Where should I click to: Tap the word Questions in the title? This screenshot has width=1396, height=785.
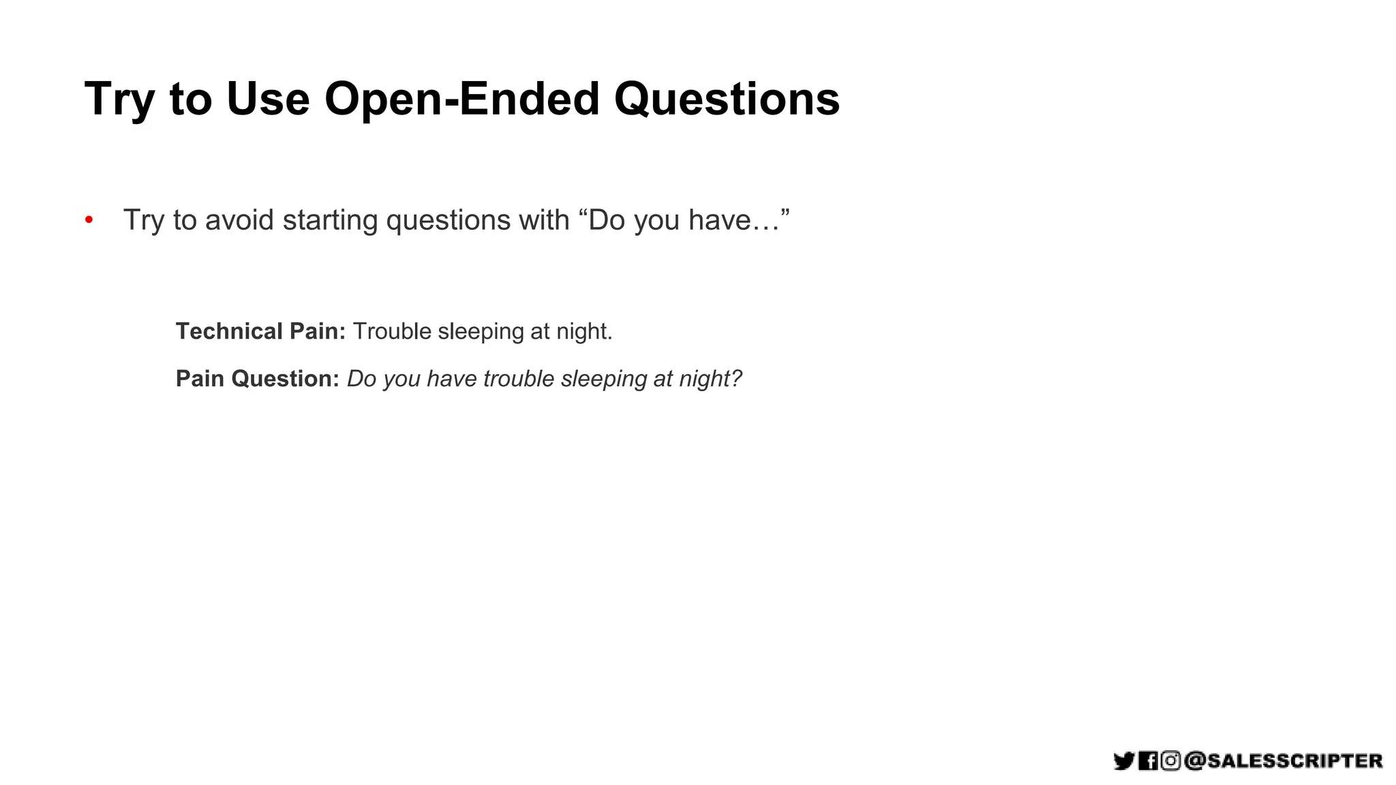727,99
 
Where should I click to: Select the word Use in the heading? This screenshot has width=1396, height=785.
268,99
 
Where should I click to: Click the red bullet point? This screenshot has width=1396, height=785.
89,220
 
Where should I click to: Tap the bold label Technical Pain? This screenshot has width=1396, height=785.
260,331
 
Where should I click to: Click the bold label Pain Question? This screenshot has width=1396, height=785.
257,379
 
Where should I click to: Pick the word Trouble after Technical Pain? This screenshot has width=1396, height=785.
392,331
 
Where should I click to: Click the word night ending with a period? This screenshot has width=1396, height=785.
584,331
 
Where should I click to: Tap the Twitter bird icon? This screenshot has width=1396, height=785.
1123,760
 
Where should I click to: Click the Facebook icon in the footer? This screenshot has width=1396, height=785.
1148,760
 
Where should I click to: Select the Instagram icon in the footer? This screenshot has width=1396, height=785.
1170,760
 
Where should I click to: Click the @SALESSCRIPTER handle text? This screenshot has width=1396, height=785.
1284,760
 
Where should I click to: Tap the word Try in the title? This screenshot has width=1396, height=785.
119,99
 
